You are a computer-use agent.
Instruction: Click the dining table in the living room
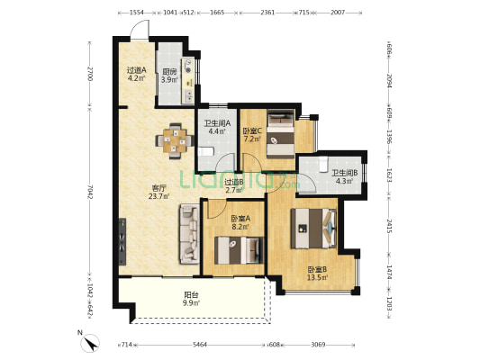[x=175, y=141]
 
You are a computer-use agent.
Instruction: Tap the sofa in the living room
[x=190, y=234]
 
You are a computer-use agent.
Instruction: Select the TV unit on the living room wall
[x=122, y=241]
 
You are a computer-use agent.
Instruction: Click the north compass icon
[x=90, y=343]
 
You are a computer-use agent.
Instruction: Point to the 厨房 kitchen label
[x=169, y=72]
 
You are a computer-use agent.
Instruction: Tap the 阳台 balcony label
[x=191, y=295]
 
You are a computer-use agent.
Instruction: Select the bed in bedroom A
[x=239, y=250]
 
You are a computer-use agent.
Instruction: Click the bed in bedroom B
[x=313, y=229]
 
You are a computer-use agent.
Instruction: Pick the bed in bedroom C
[x=281, y=134]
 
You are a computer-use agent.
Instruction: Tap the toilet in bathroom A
[x=205, y=152]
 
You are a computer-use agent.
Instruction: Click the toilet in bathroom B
[x=323, y=164]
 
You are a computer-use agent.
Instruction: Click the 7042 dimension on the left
[x=90, y=192]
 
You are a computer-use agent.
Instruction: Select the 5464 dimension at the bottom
[x=200, y=345]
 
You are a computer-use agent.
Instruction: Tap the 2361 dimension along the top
[x=267, y=13]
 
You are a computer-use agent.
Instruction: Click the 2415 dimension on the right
[x=389, y=226]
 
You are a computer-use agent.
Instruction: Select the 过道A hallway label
[x=137, y=70]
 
